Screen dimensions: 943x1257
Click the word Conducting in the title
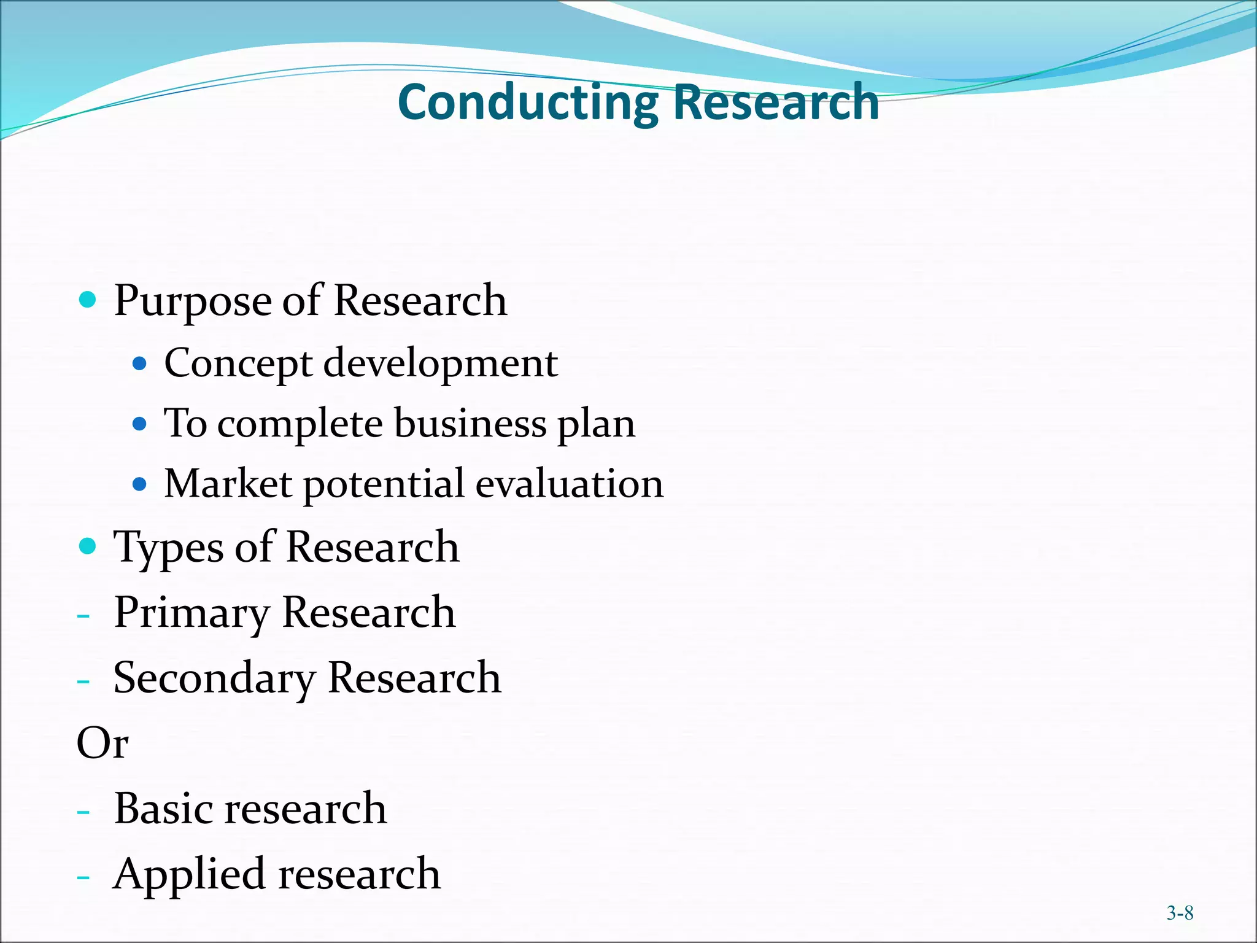point(528,103)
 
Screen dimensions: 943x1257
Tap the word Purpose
point(193,302)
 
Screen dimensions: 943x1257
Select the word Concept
point(238,363)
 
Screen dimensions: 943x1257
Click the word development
point(440,363)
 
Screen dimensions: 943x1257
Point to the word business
point(470,424)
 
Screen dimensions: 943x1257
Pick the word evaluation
point(569,484)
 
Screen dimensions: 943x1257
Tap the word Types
point(168,548)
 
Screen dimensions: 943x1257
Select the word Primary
point(191,613)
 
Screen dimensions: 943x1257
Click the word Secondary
point(214,678)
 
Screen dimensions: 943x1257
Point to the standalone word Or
point(102,743)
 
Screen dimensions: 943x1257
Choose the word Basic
point(164,809)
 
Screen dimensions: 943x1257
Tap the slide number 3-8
point(1180,914)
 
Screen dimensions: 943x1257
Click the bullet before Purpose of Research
point(88,300)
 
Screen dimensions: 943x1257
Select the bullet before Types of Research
point(88,546)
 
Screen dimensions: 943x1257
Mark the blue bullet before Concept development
point(140,364)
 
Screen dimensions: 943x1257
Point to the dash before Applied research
point(83,877)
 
